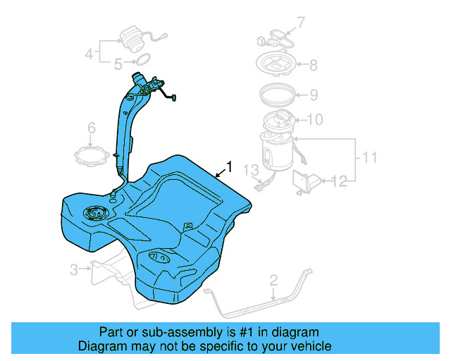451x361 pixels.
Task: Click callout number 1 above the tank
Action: (x=228, y=167)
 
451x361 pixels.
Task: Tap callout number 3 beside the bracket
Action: (x=74, y=269)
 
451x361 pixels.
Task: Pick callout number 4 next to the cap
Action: (x=89, y=53)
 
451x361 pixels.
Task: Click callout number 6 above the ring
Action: (x=91, y=128)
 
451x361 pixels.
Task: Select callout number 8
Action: (x=313, y=66)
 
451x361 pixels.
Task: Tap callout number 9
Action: (x=314, y=94)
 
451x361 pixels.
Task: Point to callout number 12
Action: (x=340, y=182)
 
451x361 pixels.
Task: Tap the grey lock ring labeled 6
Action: (x=91, y=154)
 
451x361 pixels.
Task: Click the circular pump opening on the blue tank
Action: (x=94, y=212)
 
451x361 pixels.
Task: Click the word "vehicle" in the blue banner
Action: (x=305, y=346)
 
